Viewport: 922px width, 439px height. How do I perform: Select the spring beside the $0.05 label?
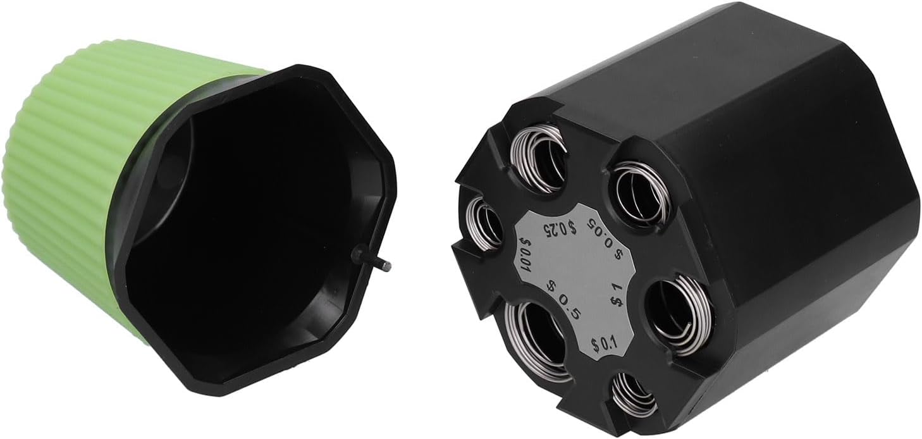pyautogui.click(x=639, y=195)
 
